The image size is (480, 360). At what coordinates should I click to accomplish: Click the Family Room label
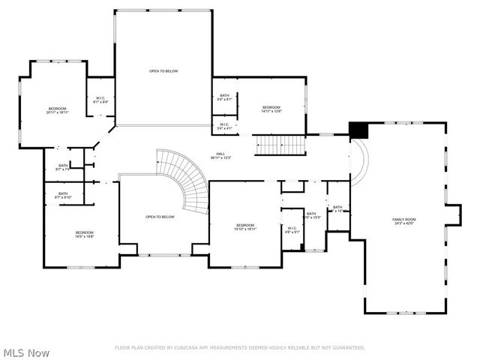click(404, 221)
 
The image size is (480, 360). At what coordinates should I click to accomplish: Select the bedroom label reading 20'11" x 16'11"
click(58, 110)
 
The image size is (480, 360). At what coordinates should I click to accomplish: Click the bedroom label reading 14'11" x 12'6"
click(271, 109)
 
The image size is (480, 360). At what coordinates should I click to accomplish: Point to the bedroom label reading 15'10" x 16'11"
click(246, 227)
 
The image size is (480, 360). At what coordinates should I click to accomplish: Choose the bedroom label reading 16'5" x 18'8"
click(84, 234)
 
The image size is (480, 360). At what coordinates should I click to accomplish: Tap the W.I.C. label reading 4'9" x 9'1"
click(292, 230)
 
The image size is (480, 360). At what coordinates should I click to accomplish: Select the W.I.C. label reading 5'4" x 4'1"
click(224, 126)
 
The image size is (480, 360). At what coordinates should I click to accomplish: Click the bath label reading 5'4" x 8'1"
click(224, 97)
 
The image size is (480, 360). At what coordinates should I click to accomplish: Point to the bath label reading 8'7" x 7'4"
click(63, 167)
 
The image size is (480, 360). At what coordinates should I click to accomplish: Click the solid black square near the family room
click(360, 130)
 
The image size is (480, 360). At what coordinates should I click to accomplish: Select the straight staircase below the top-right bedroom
click(279, 145)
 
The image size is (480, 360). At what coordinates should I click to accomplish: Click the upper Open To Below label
click(163, 71)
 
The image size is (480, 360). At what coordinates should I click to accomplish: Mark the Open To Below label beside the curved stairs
click(160, 217)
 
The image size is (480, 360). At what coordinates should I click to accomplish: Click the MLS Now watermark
click(26, 352)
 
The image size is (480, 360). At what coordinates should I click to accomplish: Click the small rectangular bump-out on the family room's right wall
click(453, 214)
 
